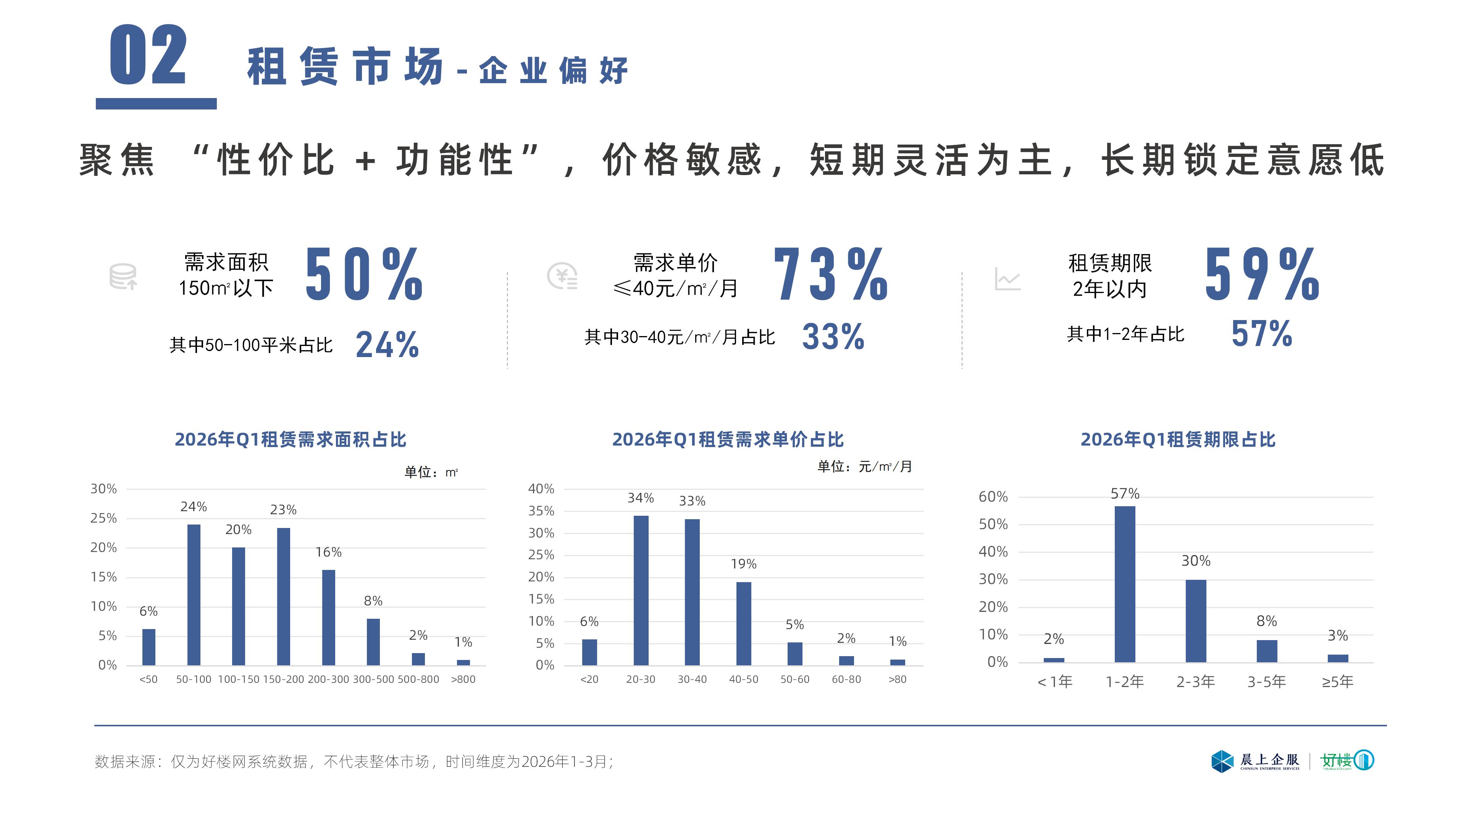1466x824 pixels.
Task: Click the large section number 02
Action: click(149, 55)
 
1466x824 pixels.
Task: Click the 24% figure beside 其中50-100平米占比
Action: click(387, 344)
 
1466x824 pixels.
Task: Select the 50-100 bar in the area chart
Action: click(194, 594)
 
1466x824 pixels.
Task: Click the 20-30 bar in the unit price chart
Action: click(641, 590)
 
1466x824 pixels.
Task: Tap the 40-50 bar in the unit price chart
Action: click(743, 623)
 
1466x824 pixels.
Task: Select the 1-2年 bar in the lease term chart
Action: click(1125, 584)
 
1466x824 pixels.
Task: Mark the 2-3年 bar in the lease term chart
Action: click(1196, 621)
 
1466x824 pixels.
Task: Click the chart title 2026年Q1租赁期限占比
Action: click(1177, 439)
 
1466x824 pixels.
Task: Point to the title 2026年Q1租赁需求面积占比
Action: click(290, 439)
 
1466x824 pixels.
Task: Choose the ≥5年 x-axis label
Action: click(1337, 681)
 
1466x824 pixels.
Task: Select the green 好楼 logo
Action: click(1347, 760)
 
